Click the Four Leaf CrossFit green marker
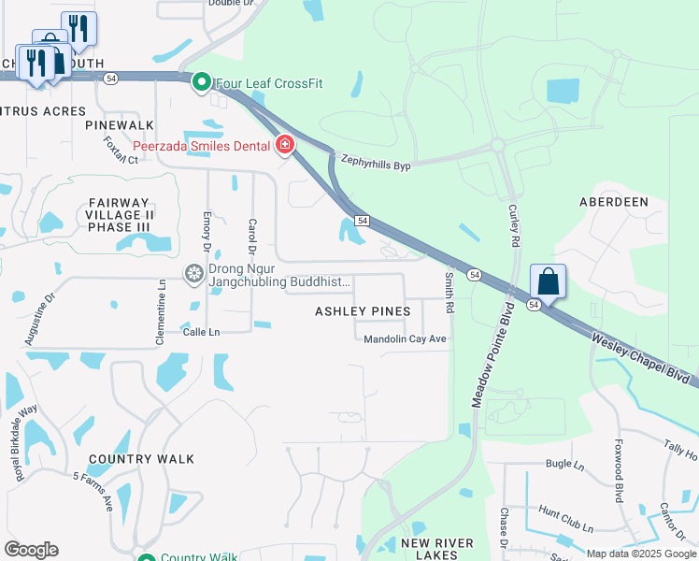(201, 83)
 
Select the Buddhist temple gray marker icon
(194, 273)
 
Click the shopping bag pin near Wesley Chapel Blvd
(548, 281)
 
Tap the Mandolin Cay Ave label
(406, 339)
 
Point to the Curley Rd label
(513, 227)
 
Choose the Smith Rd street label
(449, 292)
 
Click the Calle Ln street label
(201, 332)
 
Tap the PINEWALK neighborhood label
(119, 124)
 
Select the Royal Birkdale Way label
(25, 443)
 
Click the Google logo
(31, 550)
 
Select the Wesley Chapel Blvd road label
(645, 354)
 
